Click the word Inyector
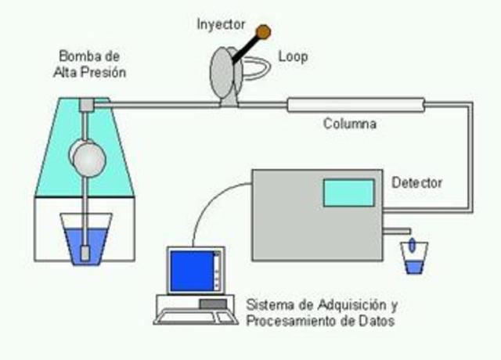coord(220,23)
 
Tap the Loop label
coord(294,57)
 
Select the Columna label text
coord(350,124)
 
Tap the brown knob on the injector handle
coord(264,31)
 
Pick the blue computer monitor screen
coord(191,271)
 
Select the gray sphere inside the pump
coord(88,157)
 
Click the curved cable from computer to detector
coord(211,211)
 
